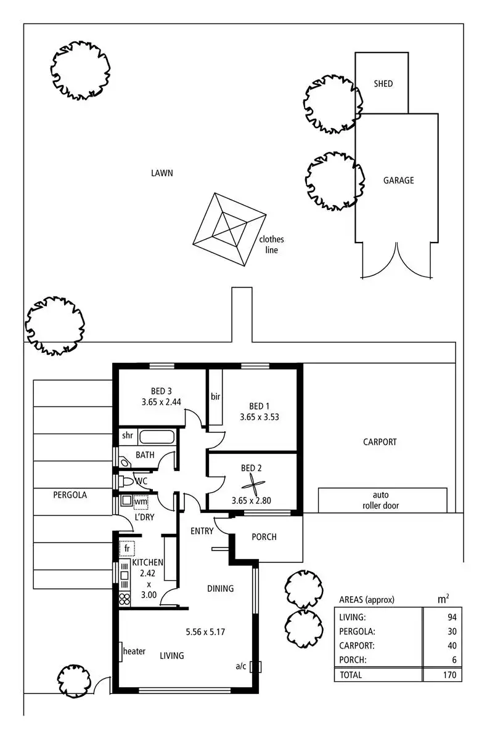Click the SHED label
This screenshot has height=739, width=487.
(383, 84)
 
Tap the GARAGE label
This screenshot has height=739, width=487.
(398, 180)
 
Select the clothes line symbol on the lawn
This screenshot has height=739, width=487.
(229, 229)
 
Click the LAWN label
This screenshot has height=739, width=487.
(162, 173)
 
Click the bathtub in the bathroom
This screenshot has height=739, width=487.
(157, 437)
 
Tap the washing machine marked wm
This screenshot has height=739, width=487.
(141, 502)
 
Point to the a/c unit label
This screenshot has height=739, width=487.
(241, 666)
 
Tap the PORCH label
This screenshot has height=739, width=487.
(264, 537)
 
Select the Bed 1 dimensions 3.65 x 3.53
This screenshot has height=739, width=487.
(260, 417)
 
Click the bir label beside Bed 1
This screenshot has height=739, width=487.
(215, 396)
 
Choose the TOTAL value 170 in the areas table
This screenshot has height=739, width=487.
(449, 675)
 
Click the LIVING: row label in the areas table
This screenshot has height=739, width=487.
(353, 616)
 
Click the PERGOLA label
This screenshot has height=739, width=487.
(70, 495)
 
